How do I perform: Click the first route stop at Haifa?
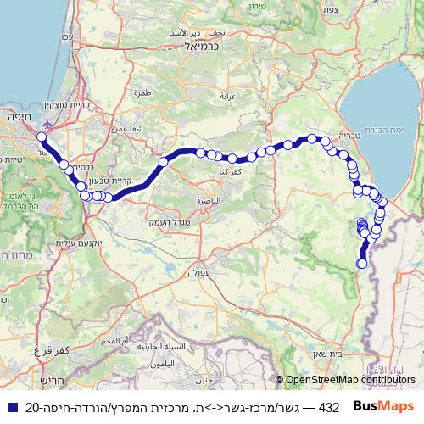point(42,136)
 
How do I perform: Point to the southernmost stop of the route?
point(362,264)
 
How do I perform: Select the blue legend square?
point(12,407)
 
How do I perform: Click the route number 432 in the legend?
point(328,407)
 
